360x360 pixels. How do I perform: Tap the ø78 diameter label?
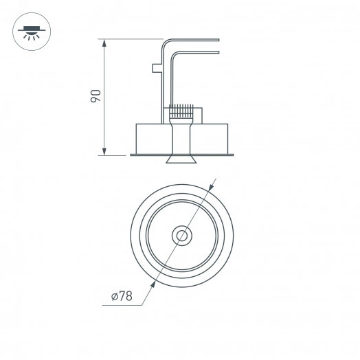pyautogui.click(x=122, y=297)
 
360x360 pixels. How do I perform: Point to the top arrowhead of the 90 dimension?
pyautogui.click(x=104, y=43)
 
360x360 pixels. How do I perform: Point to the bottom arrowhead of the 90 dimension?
pyautogui.click(x=104, y=151)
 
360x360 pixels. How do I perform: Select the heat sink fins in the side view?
pyautogui.click(x=182, y=109)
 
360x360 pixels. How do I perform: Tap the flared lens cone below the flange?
pyautogui.click(x=182, y=160)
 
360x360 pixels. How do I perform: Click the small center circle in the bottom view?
pyautogui.click(x=182, y=235)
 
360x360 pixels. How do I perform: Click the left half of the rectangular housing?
pyautogui.click(x=153, y=137)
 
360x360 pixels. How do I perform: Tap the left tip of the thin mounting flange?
pyautogui.click(x=132, y=155)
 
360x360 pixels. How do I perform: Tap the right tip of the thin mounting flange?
pyautogui.click(x=234, y=155)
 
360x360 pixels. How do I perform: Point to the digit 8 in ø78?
pyautogui.click(x=128, y=297)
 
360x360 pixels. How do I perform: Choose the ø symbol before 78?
pyautogui.click(x=113, y=297)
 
